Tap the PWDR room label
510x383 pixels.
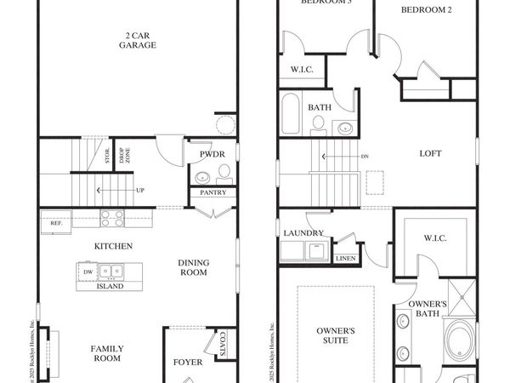click(x=212, y=155)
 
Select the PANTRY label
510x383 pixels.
click(x=212, y=193)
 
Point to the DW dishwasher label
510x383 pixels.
click(x=88, y=272)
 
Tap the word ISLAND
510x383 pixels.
click(x=109, y=287)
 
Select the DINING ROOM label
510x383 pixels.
click(x=194, y=268)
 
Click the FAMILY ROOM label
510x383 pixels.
click(x=107, y=353)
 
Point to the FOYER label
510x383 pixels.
click(x=188, y=363)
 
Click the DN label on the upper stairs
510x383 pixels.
click(x=365, y=157)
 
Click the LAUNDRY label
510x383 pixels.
click(x=304, y=232)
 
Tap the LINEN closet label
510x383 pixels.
click(x=346, y=257)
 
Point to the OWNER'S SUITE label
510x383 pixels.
click(x=336, y=334)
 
